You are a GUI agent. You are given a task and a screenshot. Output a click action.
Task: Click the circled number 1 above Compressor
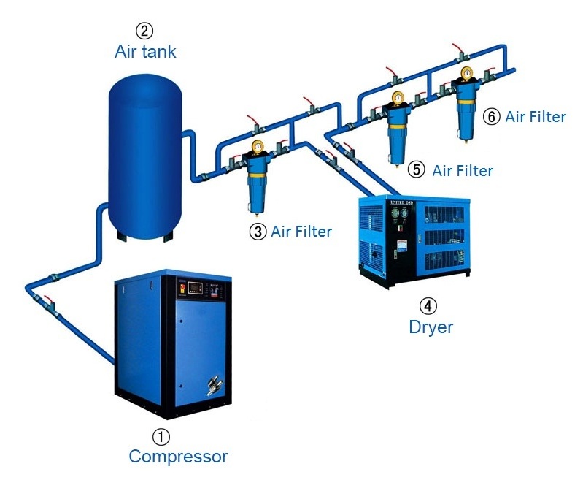tap(161, 436)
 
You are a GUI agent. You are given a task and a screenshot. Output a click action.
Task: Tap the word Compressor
tap(178, 457)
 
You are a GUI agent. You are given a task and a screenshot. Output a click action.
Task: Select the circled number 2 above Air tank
tap(145, 31)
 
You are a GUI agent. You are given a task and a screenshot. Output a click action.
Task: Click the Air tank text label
tap(145, 52)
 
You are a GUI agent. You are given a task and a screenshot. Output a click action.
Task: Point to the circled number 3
tap(258, 232)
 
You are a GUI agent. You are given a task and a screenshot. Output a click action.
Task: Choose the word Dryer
tap(431, 327)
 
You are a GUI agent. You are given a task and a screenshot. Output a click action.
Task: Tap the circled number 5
tap(417, 170)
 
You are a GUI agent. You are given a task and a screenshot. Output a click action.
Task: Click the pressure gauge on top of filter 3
tap(257, 147)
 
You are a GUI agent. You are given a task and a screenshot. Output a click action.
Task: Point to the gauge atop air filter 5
tap(398, 98)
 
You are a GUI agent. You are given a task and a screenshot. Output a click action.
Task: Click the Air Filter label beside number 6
tap(535, 117)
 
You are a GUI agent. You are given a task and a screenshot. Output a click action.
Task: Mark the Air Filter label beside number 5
tap(463, 171)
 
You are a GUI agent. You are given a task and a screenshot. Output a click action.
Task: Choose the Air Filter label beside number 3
tap(301, 232)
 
